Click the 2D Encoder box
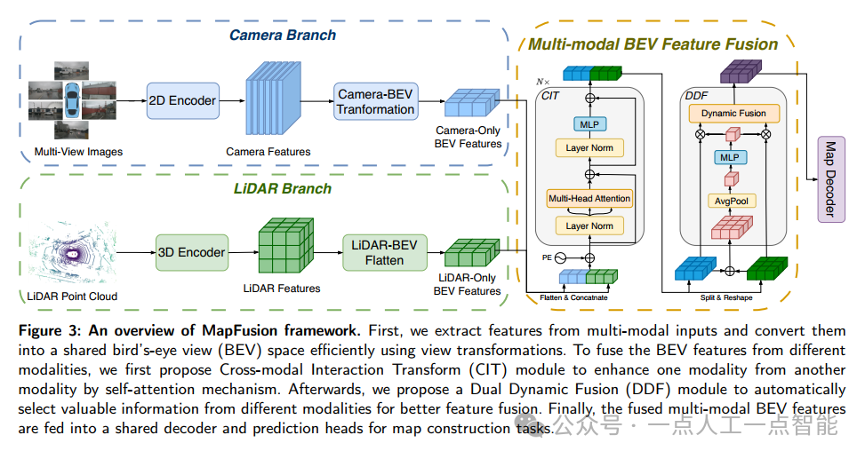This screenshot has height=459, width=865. (x=181, y=100)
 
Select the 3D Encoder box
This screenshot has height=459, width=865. (x=190, y=252)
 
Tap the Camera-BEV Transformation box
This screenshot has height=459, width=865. (x=375, y=101)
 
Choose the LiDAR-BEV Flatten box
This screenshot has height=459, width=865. (x=384, y=252)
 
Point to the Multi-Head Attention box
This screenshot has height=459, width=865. (x=589, y=198)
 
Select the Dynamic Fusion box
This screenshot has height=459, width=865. (x=733, y=114)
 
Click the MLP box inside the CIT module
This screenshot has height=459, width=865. (x=589, y=123)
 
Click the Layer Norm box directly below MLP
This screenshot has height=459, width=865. (x=589, y=147)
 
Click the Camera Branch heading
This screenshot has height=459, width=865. (x=283, y=36)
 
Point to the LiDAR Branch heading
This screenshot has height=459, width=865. (x=283, y=188)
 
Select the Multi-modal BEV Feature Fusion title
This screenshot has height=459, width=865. (x=653, y=44)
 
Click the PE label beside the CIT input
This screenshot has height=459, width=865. (x=548, y=257)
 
